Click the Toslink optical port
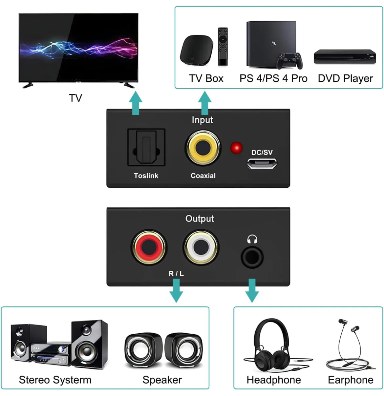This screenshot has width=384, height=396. point(146,147)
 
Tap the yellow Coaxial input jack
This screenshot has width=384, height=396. point(203,148)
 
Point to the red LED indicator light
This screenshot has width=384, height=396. point(236,148)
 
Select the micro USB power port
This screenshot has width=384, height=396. point(262,163)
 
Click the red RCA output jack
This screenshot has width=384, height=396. point(149,247)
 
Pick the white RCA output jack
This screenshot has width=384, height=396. point(201,247)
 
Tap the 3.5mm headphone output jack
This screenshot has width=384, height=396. point(252,258)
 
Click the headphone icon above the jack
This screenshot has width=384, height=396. point(252,239)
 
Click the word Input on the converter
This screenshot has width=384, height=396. point(203,120)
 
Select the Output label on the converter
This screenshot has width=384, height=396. point(200,219)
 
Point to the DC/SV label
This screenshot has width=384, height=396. point(262,153)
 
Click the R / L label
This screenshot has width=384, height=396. point(176,274)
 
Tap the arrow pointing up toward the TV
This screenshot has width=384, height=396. point(136,103)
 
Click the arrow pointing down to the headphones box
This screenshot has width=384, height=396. point(252,291)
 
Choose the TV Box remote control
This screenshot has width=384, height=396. point(223,47)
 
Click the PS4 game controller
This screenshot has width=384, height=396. point(289,61)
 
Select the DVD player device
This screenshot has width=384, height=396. point(345,56)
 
